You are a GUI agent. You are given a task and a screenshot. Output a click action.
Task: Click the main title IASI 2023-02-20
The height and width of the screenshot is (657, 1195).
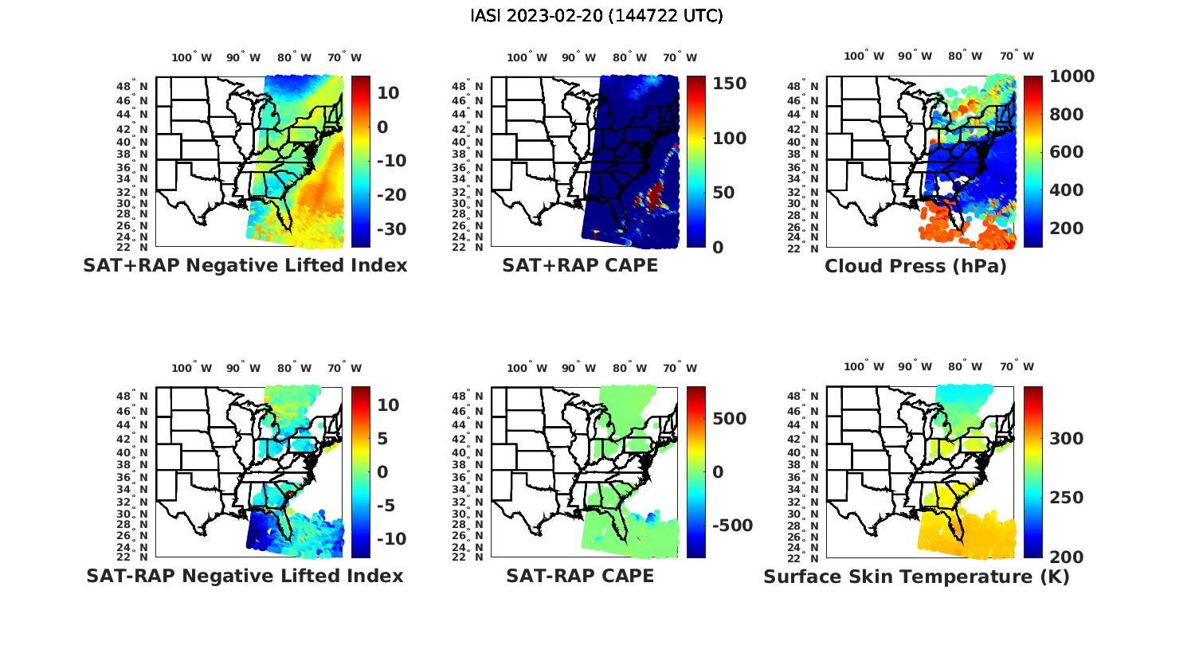(597, 16)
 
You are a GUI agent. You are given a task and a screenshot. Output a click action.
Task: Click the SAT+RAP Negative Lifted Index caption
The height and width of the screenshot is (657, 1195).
(245, 266)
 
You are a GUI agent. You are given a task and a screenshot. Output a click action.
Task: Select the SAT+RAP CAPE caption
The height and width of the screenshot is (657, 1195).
(580, 266)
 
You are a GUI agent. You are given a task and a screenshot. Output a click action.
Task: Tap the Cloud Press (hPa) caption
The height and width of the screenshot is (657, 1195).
(915, 266)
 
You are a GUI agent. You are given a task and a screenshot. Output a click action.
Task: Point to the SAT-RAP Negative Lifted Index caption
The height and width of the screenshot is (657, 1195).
(245, 576)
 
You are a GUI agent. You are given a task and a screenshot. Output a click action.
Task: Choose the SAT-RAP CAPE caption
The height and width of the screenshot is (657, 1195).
(580, 576)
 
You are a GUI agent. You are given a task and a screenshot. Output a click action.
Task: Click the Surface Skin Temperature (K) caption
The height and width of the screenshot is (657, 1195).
(916, 577)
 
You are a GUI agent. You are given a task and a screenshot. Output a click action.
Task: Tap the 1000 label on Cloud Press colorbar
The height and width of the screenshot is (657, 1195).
(1072, 76)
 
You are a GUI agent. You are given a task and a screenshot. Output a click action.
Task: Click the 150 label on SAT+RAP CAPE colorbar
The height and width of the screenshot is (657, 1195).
(729, 84)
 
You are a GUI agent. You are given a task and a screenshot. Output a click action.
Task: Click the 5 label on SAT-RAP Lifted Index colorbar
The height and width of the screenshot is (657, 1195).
(382, 439)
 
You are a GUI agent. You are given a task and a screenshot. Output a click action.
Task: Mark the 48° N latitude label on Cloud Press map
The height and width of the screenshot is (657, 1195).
(812, 86)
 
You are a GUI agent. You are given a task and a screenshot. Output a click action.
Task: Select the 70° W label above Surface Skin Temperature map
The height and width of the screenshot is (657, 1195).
(1017, 367)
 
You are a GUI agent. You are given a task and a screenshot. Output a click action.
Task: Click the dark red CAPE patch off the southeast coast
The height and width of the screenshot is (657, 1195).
(656, 194)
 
